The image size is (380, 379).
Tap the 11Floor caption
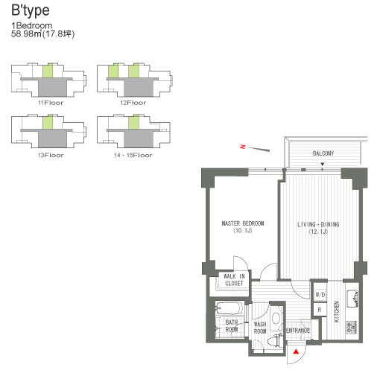tap(49, 102)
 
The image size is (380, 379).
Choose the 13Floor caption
tap(49, 156)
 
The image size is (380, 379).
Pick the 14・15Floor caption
tap(133, 156)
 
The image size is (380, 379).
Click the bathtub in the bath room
tap(228, 308)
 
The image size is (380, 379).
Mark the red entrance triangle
tap(296, 351)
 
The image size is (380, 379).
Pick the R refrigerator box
tap(320, 308)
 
